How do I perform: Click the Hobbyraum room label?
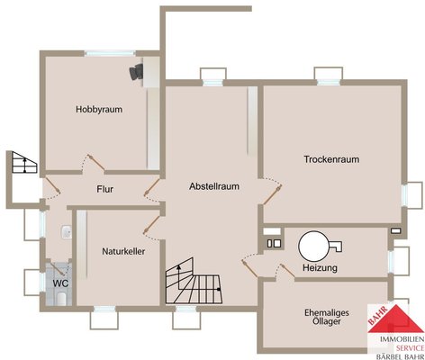click(99, 110)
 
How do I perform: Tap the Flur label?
click(105, 189)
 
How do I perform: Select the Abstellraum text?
click(214, 186)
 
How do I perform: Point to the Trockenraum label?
click(331, 159)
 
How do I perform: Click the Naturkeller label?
click(123, 251)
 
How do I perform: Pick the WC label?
click(60, 283)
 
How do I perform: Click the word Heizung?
click(320, 267)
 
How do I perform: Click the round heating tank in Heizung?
click(314, 247)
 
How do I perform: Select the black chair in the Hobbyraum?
click(137, 72)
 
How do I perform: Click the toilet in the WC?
click(62, 299)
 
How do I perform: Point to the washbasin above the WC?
click(67, 233)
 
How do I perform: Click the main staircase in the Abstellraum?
click(194, 282)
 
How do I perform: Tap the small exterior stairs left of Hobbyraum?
click(24, 162)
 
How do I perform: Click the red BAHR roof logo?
click(395, 319)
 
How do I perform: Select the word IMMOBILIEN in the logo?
click(402, 339)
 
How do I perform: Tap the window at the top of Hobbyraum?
click(110, 54)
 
